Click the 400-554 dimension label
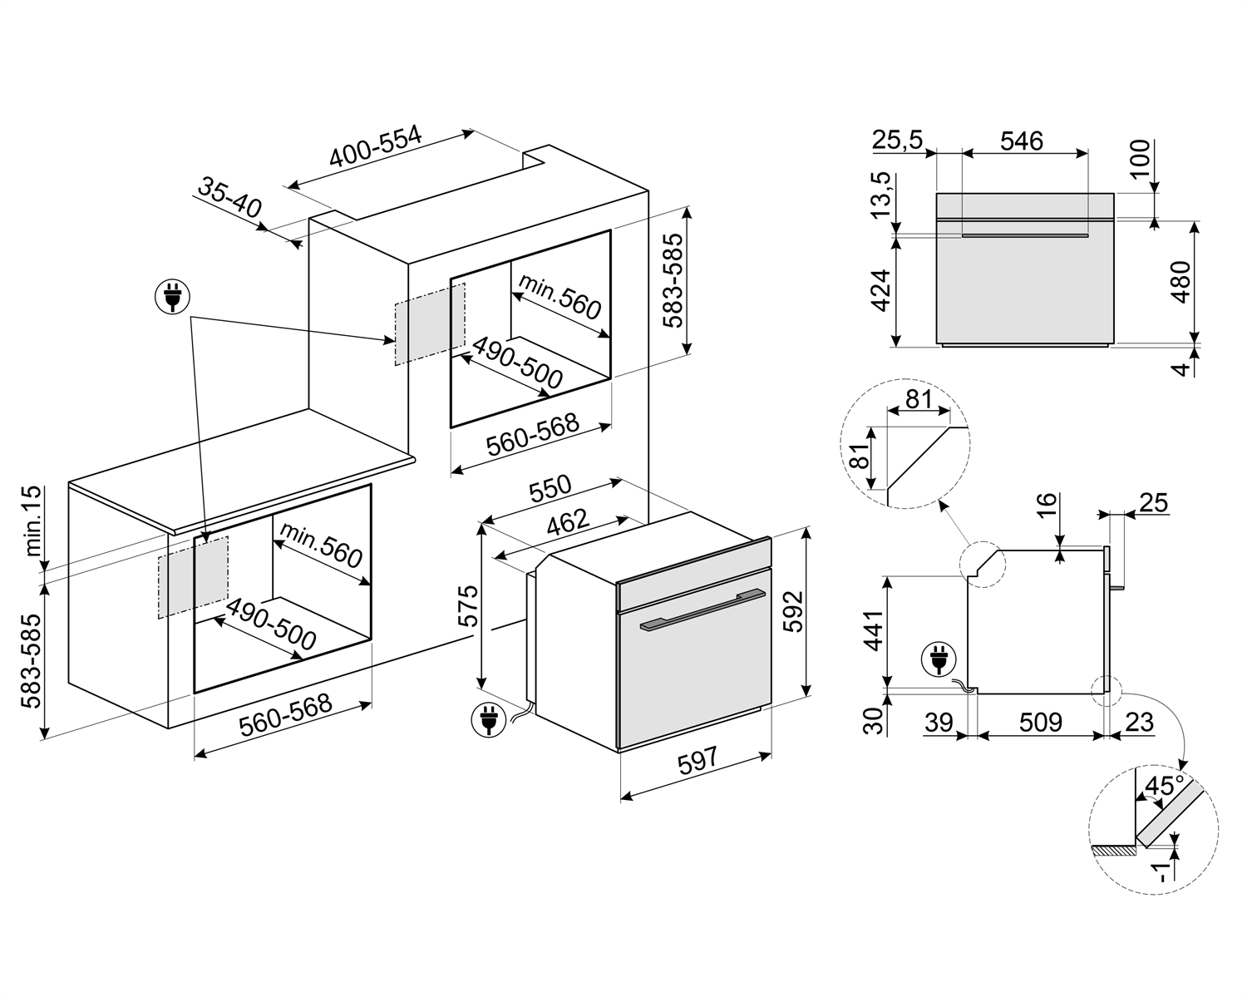376,149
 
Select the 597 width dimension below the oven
697,762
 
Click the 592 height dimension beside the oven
795,611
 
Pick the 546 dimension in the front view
1022,141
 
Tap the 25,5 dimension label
897,141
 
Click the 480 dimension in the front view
1180,283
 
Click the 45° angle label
1164,786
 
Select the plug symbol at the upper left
172,296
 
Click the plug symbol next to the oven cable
487,719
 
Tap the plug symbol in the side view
939,662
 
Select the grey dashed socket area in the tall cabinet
429,323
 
